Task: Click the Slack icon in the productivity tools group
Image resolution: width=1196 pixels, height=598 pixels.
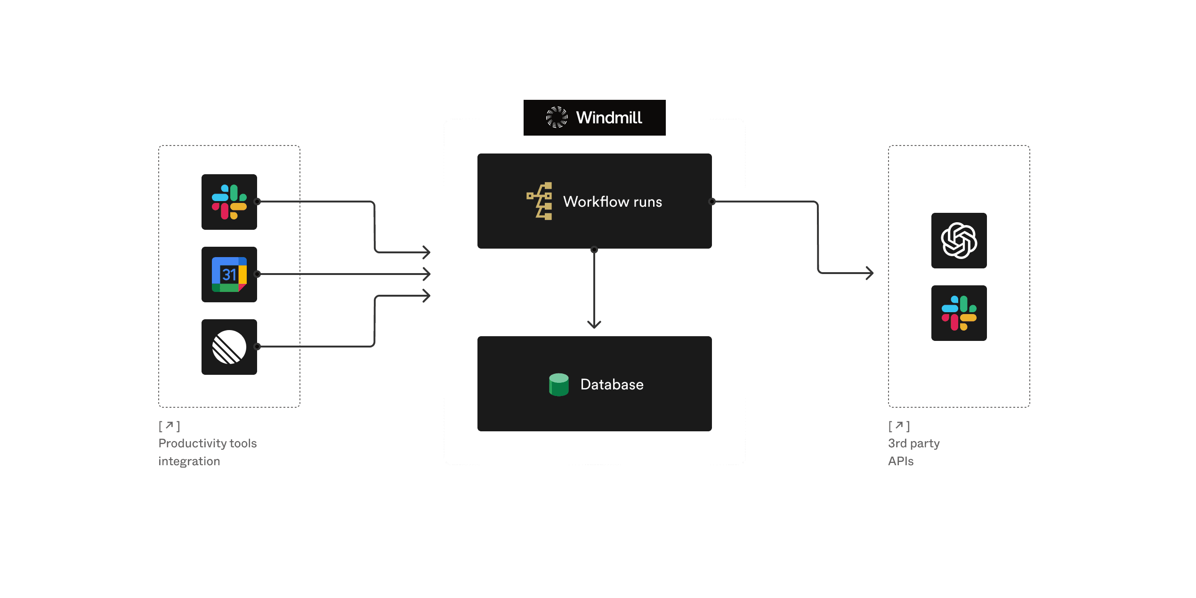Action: pos(229,202)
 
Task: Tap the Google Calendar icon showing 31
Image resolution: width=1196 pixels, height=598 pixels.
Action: pos(229,275)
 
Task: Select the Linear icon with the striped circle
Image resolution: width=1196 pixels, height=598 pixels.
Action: pos(229,347)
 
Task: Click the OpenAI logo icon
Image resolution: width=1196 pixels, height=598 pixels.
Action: pos(959,241)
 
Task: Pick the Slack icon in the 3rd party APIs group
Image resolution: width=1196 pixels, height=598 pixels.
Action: pos(959,313)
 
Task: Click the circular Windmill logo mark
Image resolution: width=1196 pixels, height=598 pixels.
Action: pos(557,117)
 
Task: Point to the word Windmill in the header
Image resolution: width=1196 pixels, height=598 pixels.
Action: pos(609,118)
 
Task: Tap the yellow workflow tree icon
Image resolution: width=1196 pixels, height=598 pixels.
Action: pos(540,201)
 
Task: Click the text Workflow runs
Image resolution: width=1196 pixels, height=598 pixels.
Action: pos(613,202)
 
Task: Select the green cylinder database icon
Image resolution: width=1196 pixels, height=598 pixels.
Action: pos(559,385)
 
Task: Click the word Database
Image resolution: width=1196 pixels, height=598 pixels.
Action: pos(612,385)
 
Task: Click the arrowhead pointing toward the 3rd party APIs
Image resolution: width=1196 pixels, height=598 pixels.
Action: pos(870,273)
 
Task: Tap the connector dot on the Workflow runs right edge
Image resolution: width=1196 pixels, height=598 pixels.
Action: pos(712,202)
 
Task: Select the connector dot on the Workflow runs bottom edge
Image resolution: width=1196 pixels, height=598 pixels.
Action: pos(594,250)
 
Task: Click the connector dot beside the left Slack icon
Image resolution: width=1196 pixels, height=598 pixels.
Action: pos(257,202)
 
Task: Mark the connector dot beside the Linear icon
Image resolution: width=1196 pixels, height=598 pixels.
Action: pos(257,347)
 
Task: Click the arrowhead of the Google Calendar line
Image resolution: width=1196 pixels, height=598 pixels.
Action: pos(427,274)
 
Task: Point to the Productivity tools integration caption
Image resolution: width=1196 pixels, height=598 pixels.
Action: pos(208,452)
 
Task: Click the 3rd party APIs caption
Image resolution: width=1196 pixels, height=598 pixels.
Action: pos(913,452)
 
